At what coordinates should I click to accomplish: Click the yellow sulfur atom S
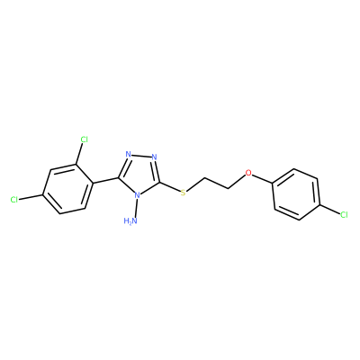tap(183, 193)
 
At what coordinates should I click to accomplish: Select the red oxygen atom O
tap(248, 173)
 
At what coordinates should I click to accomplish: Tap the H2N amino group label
tap(130, 221)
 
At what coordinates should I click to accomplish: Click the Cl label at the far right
tap(344, 214)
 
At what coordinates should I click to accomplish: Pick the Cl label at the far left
tap(14, 200)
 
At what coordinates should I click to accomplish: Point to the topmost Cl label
tap(85, 139)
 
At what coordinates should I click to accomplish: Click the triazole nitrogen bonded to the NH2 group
tap(137, 195)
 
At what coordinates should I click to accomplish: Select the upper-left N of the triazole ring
tap(129, 155)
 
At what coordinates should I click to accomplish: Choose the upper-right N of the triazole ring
tap(155, 157)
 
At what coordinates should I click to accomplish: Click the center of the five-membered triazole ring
tap(139, 174)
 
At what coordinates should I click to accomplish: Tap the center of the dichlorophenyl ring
tap(67, 189)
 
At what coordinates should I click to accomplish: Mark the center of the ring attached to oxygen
tap(296, 194)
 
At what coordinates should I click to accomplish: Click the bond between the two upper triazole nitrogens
tap(141, 156)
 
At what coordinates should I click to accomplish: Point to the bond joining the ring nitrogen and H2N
tap(135, 208)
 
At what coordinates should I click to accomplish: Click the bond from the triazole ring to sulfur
tap(170, 187)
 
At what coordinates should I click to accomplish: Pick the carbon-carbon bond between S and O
tap(217, 184)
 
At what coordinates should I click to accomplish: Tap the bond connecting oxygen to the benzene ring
tap(262, 178)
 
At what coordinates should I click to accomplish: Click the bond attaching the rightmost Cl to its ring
tap(329, 209)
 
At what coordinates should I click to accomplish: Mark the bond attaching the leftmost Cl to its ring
tap(31, 197)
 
